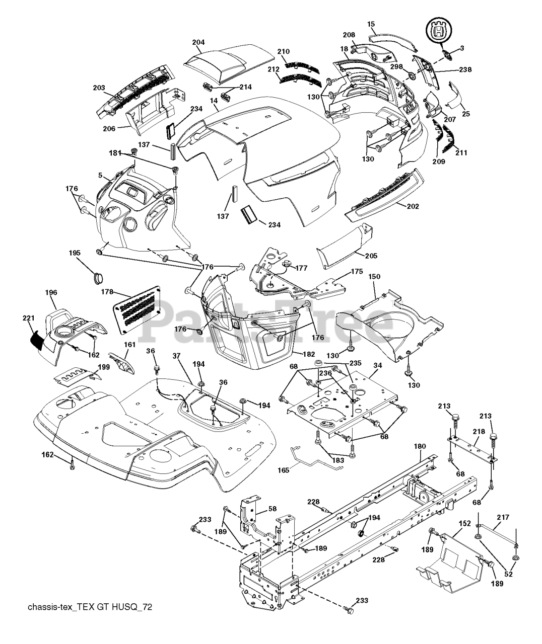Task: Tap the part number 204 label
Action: coord(198,42)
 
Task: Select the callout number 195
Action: coord(75,253)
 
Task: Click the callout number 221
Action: coord(28,318)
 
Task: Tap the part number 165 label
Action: coord(284,470)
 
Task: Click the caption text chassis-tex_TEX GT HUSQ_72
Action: coord(90,607)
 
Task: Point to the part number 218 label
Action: coord(479,432)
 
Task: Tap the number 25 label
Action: coord(466,114)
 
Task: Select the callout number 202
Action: coord(413,206)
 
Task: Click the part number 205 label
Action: coord(371,256)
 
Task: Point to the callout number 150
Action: coord(374,277)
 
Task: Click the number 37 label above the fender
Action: coord(176,356)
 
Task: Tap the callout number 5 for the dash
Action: coord(100,175)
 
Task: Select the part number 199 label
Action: coord(103,367)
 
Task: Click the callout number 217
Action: coord(503,517)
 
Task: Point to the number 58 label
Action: coord(273,509)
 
